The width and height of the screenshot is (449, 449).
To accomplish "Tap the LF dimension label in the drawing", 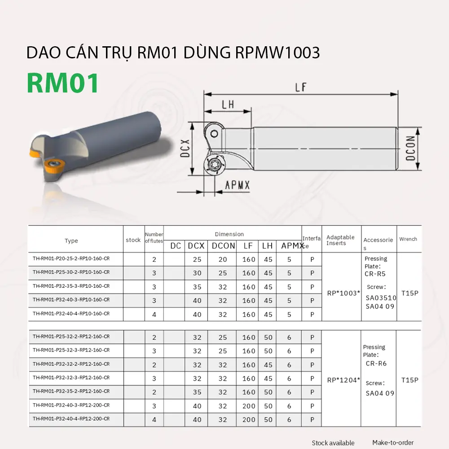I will point(301,87).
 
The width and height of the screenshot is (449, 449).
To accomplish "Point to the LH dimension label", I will point(228,105).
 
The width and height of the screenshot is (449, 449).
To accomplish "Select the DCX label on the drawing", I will point(185,148).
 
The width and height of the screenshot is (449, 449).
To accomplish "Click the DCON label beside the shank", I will point(409,149).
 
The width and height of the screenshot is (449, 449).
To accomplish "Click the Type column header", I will point(71,241).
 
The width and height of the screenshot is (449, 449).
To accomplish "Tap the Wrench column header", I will point(408,239).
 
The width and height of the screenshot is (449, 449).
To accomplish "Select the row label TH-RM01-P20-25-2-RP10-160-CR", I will point(71,259).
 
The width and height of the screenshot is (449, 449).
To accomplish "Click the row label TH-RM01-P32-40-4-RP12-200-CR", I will point(71,419).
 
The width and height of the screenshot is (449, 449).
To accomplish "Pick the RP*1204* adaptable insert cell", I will point(343,380).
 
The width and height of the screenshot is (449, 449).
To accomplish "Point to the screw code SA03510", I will point(380,297).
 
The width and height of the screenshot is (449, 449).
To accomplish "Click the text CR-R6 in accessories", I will point(376,364).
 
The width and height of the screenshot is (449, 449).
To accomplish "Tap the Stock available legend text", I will point(333,443).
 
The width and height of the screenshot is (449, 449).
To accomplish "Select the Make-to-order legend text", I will point(393,443).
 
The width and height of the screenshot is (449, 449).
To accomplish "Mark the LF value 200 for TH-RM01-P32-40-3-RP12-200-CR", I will point(249,406).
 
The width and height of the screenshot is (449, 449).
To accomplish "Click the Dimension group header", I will point(229,234).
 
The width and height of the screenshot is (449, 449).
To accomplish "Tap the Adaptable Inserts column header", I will point(340,240).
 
